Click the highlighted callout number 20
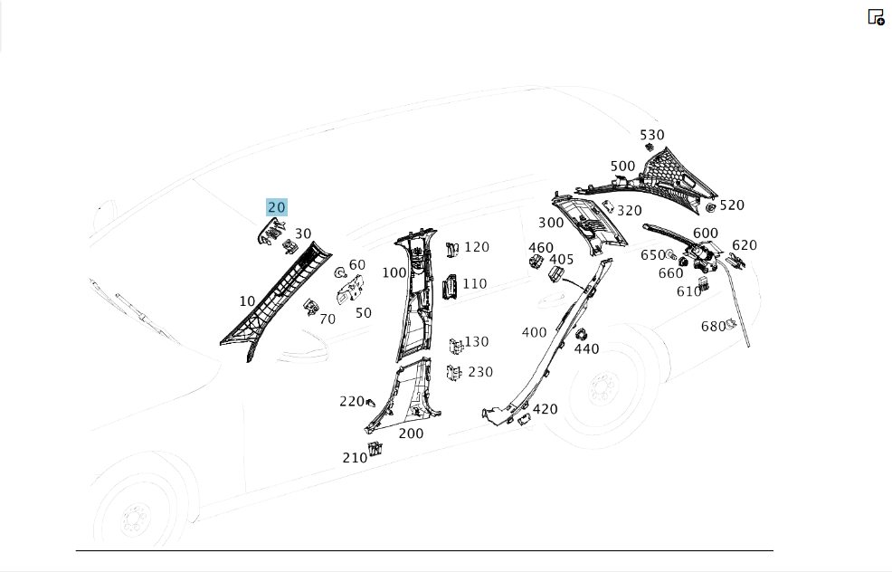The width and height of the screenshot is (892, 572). (277, 207)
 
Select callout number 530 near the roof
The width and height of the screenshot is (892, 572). (652, 135)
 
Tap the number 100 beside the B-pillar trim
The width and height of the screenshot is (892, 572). (394, 272)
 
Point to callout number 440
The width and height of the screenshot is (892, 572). (586, 348)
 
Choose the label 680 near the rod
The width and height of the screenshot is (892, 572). (714, 326)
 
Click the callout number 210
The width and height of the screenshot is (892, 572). (355, 458)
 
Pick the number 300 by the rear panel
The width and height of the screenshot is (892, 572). (551, 223)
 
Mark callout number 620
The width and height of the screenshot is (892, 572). (745, 245)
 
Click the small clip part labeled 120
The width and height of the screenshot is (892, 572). (453, 249)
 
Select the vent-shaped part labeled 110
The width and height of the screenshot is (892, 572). (450, 287)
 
